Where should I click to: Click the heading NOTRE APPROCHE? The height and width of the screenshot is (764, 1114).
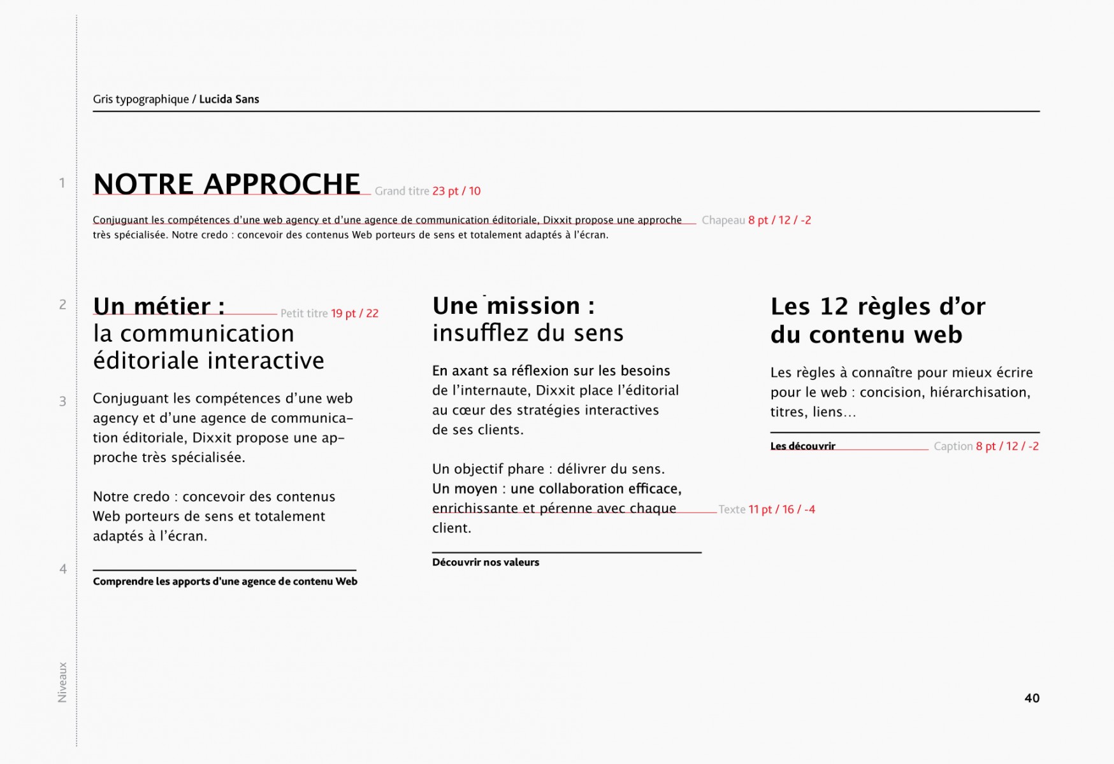(227, 184)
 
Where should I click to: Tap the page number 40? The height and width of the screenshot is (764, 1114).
(1032, 698)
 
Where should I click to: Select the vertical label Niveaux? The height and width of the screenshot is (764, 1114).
(62, 682)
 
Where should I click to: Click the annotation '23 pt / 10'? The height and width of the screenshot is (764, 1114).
(456, 191)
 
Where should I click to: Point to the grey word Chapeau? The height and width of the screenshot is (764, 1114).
(723, 220)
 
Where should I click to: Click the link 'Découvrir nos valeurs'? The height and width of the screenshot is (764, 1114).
(486, 562)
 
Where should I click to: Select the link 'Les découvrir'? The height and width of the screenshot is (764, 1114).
(802, 446)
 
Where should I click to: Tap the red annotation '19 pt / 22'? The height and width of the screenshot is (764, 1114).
(354, 313)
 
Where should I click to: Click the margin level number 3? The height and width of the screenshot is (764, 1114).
(62, 401)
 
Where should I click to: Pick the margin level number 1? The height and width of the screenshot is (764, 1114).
(62, 183)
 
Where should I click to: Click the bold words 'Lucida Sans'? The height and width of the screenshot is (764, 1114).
(229, 99)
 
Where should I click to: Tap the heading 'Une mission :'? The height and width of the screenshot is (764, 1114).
(513, 306)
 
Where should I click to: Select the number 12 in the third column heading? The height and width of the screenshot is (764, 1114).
(834, 307)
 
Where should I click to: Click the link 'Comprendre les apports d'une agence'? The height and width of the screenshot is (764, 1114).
(225, 581)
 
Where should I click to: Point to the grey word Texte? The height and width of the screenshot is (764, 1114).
(732, 509)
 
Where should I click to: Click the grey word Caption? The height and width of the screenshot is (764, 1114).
(953, 446)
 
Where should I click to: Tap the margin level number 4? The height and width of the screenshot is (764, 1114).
(62, 569)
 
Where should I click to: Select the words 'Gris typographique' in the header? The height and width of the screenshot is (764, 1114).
(141, 99)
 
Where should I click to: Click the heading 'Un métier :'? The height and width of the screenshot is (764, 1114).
(159, 306)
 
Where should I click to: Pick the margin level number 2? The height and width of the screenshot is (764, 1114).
(62, 304)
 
